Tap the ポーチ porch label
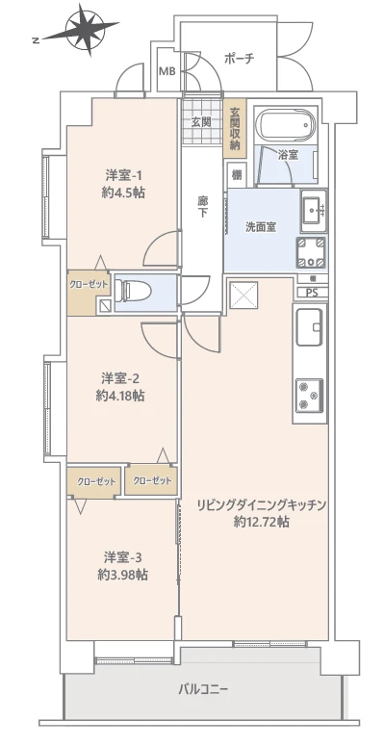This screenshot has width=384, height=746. [x=237, y=59]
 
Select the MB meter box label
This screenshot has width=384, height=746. [x=166, y=71]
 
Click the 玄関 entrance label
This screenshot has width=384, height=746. [x=200, y=121]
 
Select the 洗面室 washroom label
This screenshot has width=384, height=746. [x=260, y=227]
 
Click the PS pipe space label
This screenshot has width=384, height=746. [x=311, y=292]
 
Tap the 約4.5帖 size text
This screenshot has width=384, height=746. [x=124, y=191]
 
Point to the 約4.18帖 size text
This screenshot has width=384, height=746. [x=121, y=395]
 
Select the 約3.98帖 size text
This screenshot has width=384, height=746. [x=122, y=574]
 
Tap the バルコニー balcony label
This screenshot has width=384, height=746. [x=203, y=689]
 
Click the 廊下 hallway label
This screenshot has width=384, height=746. [x=203, y=207]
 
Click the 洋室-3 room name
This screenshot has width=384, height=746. [x=122, y=556]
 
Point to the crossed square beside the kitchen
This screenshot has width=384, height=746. [x=241, y=295]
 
